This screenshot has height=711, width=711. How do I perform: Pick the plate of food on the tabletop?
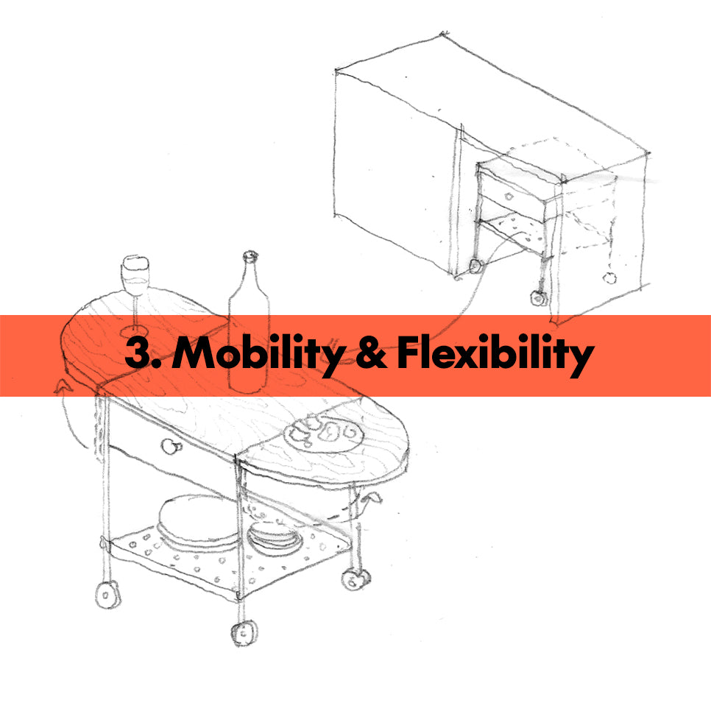(322, 433)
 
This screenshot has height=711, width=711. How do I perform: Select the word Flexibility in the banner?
(494, 355)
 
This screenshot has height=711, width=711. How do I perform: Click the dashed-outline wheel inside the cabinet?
(609, 278)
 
